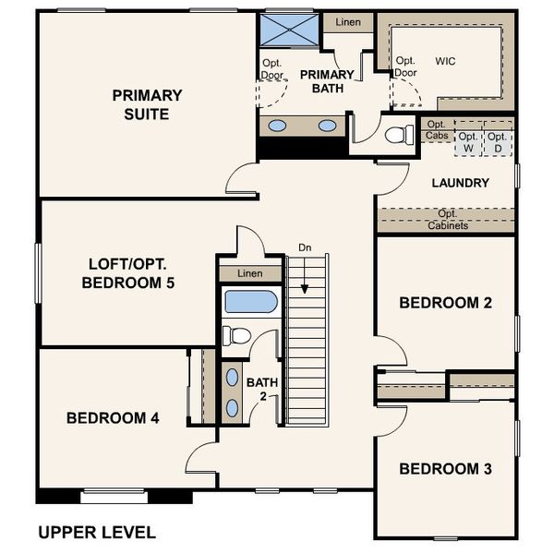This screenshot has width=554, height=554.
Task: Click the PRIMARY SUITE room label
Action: coord(147,104)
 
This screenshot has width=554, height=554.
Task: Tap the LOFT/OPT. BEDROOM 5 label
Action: coord(128,273)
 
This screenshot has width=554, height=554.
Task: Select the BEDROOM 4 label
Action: coord(113,418)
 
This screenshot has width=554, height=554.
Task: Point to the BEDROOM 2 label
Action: coord(445,303)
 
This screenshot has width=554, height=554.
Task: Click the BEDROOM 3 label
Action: coord(445,469)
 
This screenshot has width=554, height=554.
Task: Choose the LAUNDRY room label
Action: coord(460,183)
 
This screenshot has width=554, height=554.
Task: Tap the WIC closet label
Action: coord(445,61)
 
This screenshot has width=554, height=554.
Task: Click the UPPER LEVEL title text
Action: coord(96,533)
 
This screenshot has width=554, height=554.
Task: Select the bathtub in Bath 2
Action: coord(250,302)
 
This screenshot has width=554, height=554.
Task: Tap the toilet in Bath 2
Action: coord(236,335)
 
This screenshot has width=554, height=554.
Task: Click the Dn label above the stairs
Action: coord(305,247)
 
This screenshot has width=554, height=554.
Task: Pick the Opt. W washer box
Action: coord(468,141)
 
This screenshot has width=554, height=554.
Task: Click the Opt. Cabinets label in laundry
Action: coord(448,220)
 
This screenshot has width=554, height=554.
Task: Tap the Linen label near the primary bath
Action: coord(347,21)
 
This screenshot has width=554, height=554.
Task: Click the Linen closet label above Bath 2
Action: coord(249,273)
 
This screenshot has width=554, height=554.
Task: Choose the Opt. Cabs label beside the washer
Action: coord(437,130)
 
